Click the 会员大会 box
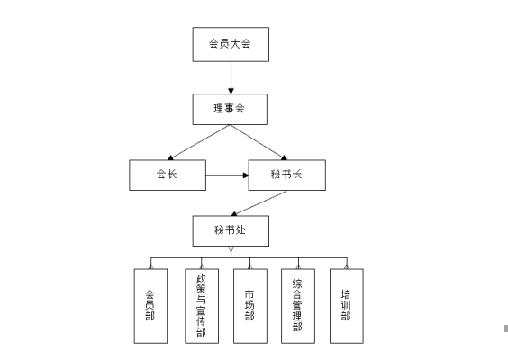(x=231, y=44)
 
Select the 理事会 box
(x=230, y=110)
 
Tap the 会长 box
(x=168, y=175)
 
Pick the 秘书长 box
(x=287, y=175)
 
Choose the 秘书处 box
(x=231, y=231)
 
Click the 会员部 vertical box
(x=150, y=306)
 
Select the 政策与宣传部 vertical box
(x=202, y=306)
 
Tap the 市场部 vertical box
(x=250, y=306)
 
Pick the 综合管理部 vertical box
(x=298, y=306)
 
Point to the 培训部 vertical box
(x=347, y=306)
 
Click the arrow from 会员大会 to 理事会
(x=231, y=77)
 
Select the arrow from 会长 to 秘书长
(x=228, y=175)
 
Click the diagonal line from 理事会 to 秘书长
(x=259, y=142)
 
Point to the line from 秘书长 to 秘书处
(x=259, y=203)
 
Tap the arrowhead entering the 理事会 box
(x=231, y=91)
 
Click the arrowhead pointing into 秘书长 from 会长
(x=246, y=175)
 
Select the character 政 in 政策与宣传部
(x=201, y=279)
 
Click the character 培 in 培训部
(x=346, y=294)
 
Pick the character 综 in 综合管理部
(x=297, y=283)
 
